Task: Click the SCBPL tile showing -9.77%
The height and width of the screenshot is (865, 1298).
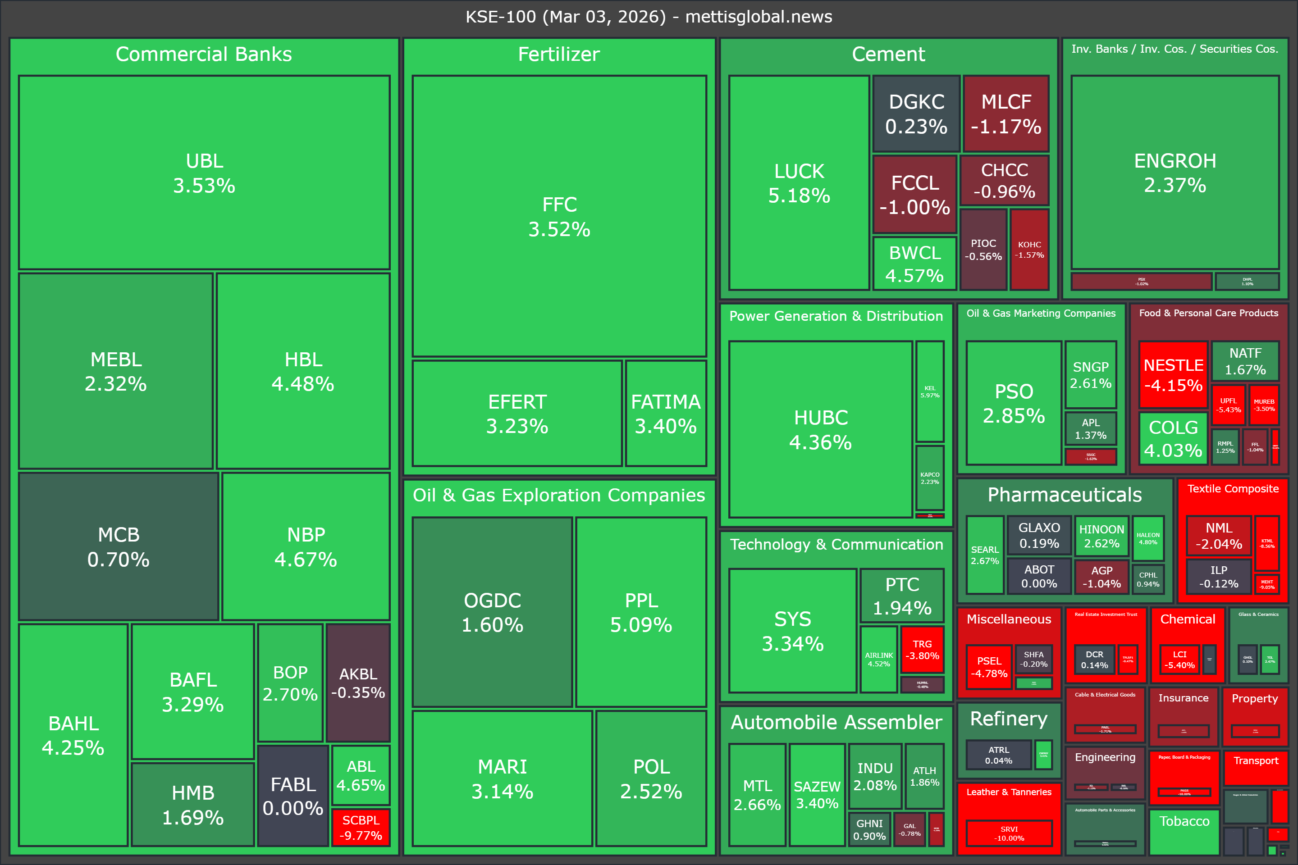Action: point(361,827)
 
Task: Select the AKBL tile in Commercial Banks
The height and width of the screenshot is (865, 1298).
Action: point(358,683)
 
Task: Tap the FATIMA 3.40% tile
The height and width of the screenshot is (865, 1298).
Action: point(666,413)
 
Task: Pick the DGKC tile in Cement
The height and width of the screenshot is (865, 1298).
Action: point(916,114)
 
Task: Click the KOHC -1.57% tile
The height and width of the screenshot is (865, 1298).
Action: point(1029,249)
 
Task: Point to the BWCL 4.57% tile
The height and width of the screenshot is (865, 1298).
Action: point(914,264)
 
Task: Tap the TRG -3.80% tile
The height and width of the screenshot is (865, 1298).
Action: point(922,649)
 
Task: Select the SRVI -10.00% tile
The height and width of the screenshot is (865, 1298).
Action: point(1009,833)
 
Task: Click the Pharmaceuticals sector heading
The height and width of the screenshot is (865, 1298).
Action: point(1065,495)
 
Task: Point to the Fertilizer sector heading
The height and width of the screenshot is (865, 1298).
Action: point(558,54)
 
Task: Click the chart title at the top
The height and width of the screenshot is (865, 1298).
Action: point(649,17)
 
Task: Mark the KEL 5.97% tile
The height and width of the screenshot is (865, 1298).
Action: point(929,391)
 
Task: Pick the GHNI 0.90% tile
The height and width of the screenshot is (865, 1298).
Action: point(869,829)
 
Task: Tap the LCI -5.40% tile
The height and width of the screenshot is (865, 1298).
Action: point(1179,659)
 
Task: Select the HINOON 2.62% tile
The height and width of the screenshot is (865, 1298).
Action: point(1101,536)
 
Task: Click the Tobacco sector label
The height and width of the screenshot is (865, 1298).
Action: point(1184,821)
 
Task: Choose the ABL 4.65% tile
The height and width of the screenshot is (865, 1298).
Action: point(361,775)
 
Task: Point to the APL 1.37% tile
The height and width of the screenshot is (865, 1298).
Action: point(1091,428)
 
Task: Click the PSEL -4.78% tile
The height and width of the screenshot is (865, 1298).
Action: point(989,667)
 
